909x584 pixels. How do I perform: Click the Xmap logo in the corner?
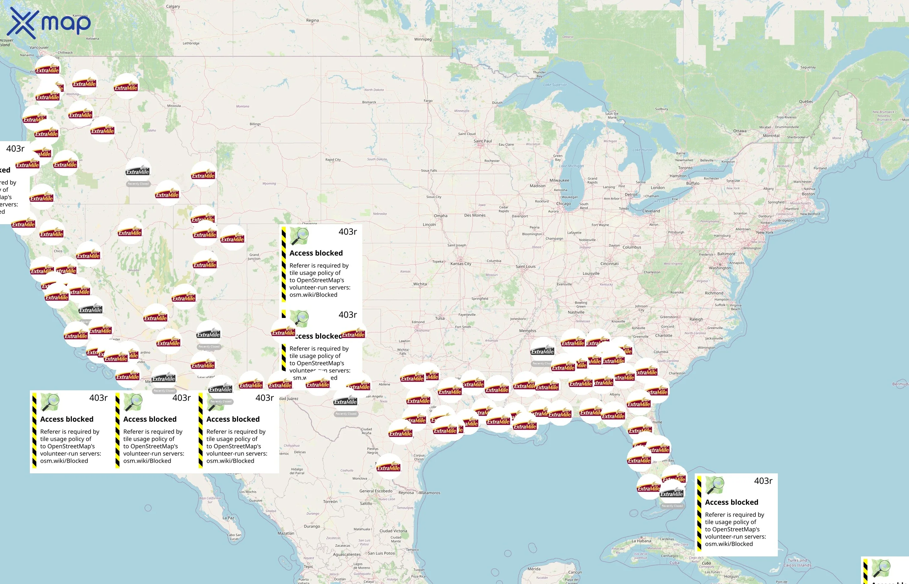pos(49,23)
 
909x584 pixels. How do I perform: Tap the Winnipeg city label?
pos(423,39)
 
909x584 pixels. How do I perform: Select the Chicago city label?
pos(563,204)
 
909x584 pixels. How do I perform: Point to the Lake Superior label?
pos(555,85)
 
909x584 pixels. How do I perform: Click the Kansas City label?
pos(461,263)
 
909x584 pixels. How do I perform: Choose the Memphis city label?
pos(527,331)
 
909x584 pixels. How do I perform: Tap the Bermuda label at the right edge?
pos(900,384)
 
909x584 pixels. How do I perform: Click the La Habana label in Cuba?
pos(641,541)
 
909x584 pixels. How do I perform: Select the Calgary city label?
pos(173,6)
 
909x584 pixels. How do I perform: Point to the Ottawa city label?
pos(740,131)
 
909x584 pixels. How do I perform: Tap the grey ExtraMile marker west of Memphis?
pos(542,351)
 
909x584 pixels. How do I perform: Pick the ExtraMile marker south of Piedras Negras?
pos(389,467)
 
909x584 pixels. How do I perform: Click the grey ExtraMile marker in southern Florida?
pos(671,493)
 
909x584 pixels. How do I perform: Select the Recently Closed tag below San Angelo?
pos(346,414)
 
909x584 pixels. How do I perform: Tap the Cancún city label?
pos(575,572)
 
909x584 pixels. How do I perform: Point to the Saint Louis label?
pos(526,266)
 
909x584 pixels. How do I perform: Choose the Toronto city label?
pos(685,168)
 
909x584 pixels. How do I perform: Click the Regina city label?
pos(312,20)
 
